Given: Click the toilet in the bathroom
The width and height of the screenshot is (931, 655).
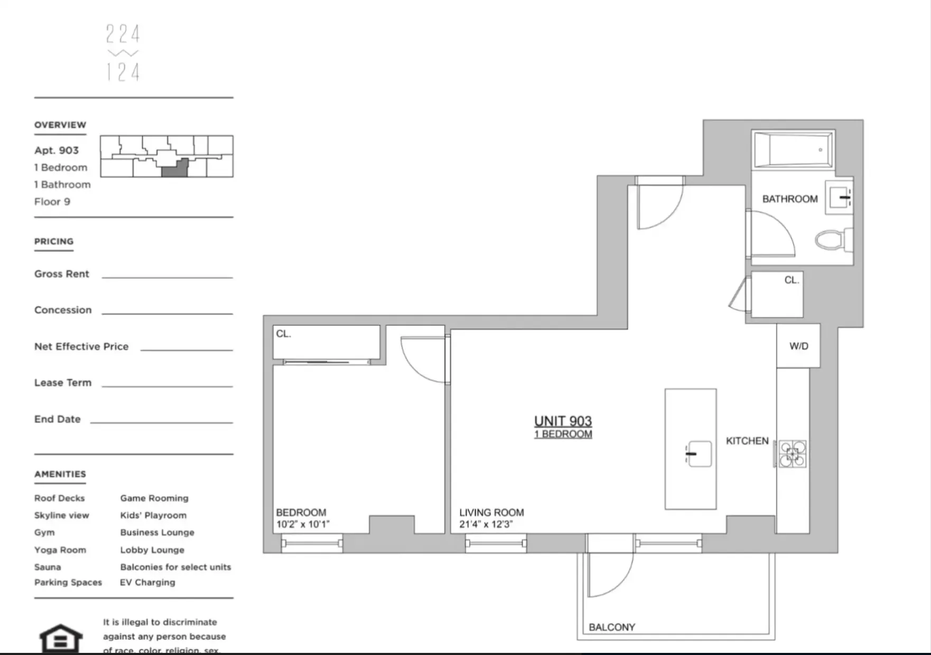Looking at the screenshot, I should point(831,240).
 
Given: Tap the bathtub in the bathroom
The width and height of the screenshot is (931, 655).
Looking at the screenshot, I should point(793,150).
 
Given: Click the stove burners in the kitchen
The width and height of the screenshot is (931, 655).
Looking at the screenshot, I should point(793,454).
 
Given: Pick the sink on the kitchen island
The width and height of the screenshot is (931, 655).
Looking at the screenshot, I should point(699,454).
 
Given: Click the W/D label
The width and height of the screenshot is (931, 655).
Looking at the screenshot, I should point(798,346).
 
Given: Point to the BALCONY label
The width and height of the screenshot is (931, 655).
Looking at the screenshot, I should point(611,627).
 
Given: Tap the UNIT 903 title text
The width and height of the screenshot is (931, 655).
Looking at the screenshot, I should point(563,421).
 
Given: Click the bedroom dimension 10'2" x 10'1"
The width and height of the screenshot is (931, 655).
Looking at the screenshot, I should point(302,524).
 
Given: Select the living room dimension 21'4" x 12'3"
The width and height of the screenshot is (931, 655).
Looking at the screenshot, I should point(486,524).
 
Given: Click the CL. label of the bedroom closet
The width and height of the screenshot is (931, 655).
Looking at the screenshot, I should point(283,334).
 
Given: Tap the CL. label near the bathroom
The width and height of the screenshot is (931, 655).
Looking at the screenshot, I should point(791,280).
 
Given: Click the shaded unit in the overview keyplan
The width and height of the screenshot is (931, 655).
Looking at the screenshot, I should point(174,169).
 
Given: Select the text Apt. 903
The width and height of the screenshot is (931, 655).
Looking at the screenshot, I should point(57,150).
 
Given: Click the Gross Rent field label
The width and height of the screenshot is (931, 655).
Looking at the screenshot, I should point(62,274).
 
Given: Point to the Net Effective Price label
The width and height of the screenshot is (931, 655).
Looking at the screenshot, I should point(81,347).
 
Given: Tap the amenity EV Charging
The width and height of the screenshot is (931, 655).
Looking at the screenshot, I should point(147,582).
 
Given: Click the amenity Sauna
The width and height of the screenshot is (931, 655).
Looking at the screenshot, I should point(48,567).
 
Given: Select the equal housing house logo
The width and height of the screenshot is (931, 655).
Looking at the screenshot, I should point(61,639).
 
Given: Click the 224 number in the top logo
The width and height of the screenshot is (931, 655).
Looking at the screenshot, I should point(123,34).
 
